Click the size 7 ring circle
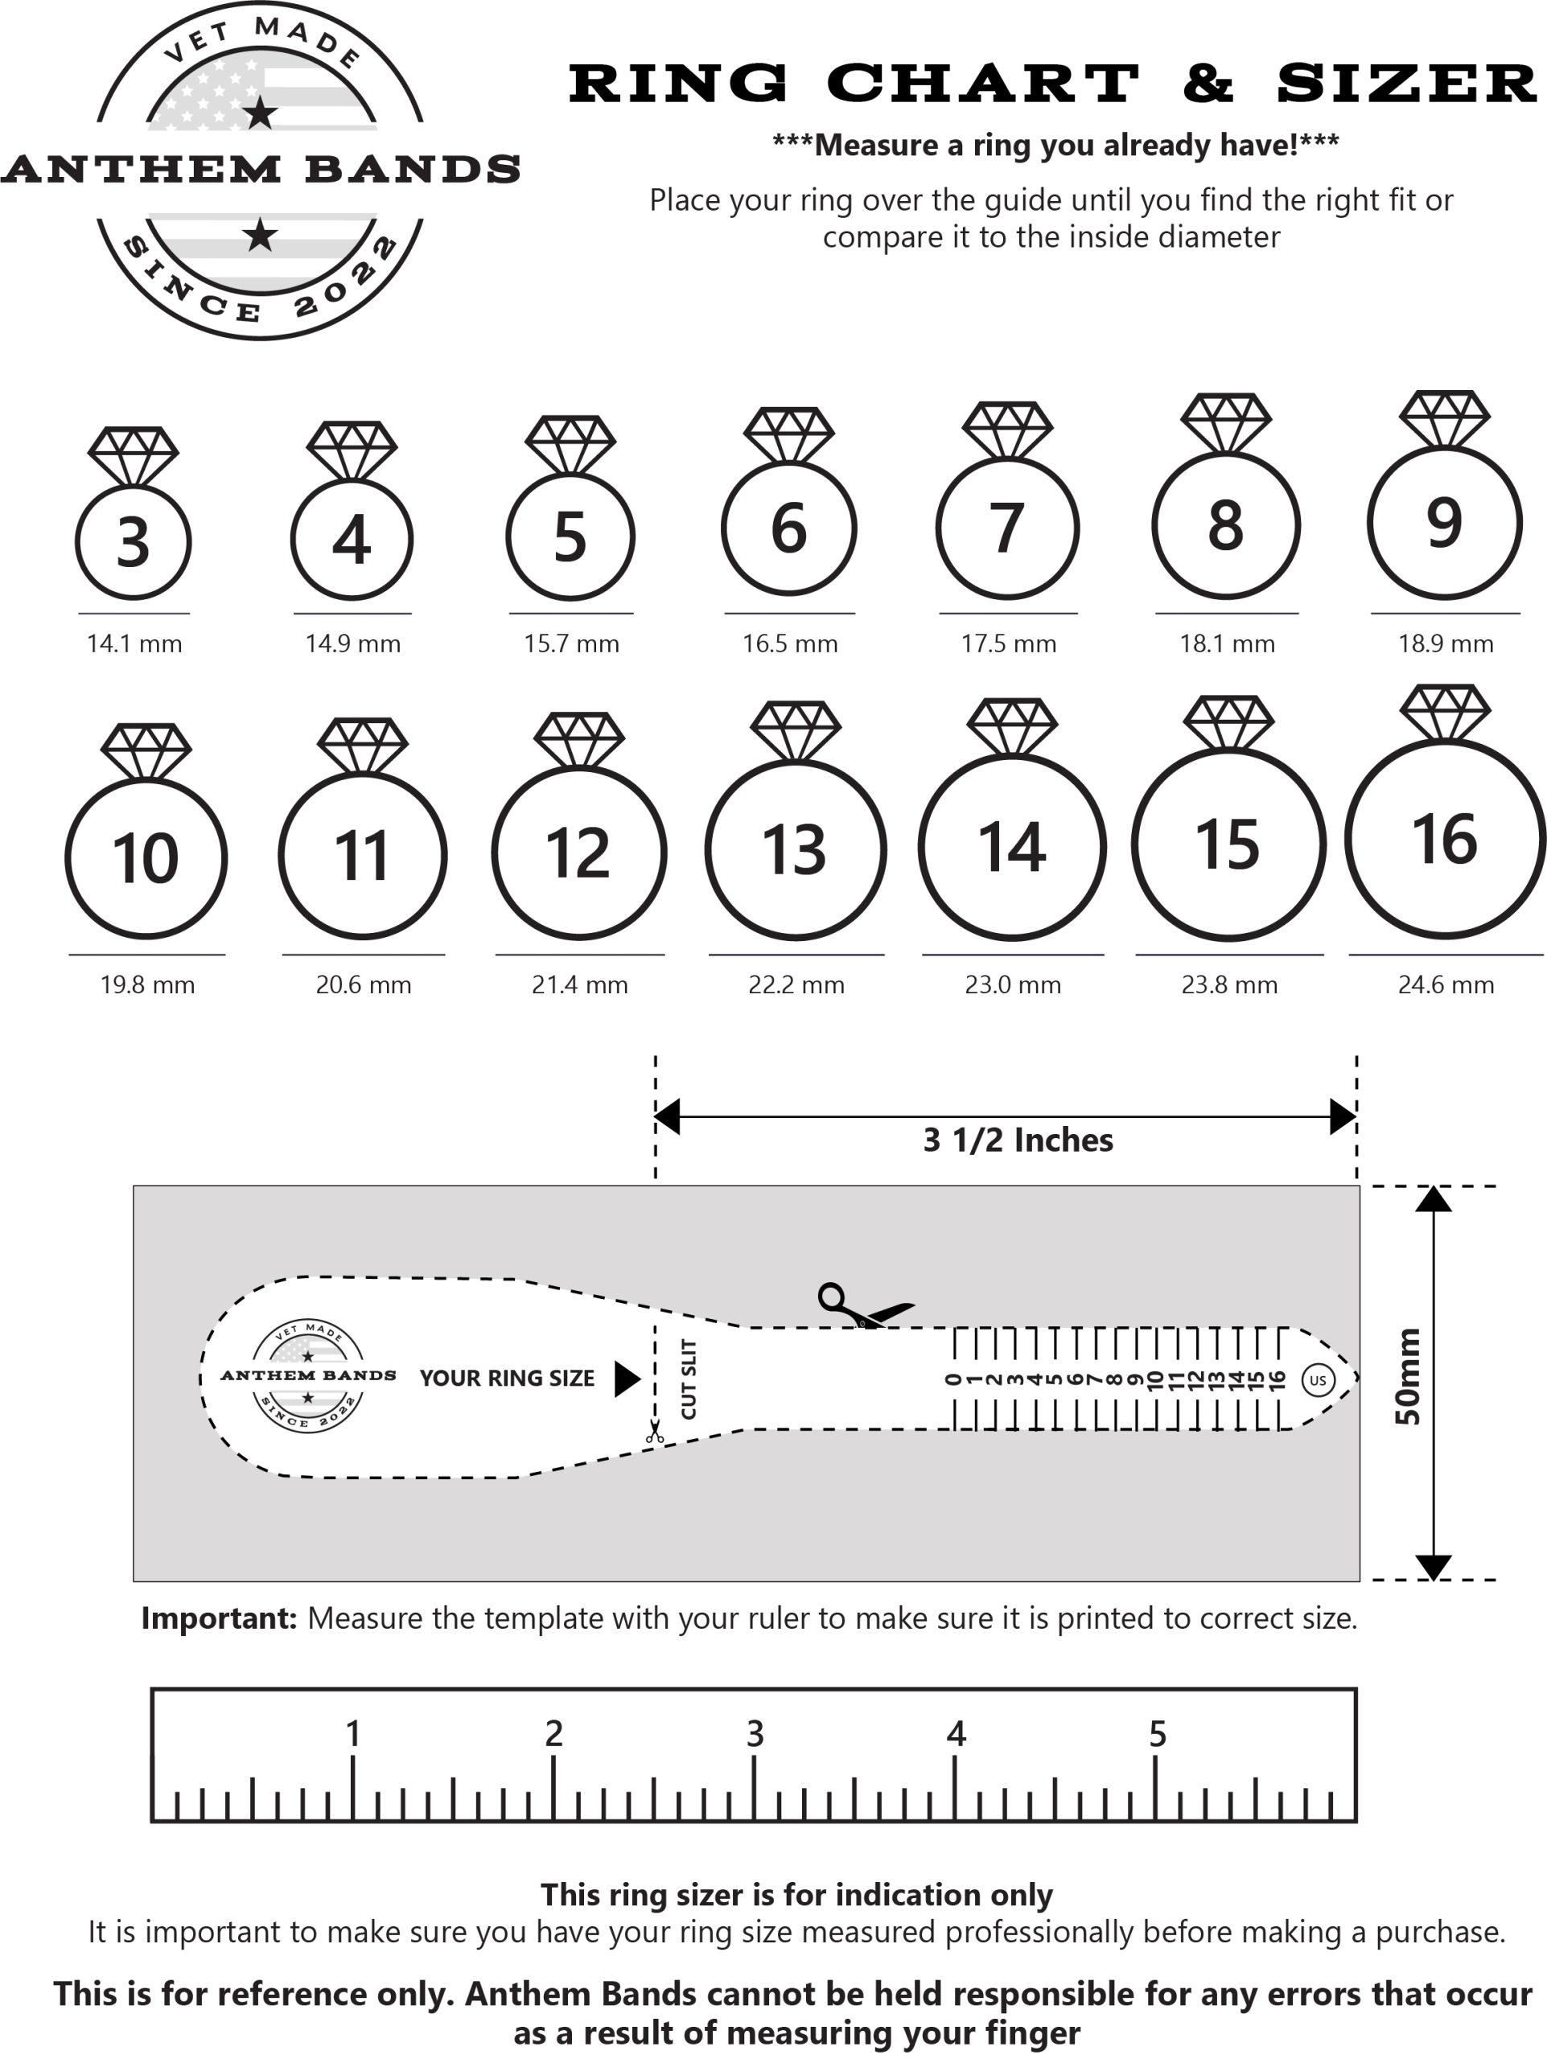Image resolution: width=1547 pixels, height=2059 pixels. pos(1007,528)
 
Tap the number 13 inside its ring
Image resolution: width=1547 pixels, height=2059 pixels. pos(794,850)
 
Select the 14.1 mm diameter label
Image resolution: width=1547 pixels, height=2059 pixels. pos(134,643)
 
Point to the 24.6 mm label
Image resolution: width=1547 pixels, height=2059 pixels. pos(1446,984)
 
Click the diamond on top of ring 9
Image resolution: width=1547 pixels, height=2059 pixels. pos(1445,420)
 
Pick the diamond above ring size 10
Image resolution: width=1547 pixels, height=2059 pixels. pos(146,750)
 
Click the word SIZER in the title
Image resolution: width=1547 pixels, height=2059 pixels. pos(1406,84)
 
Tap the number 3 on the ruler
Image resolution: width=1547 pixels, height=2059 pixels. pos(755,1733)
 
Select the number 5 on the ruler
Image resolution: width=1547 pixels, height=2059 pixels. pos(1157,1733)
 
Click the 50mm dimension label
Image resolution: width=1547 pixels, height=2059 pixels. pos(1409,1377)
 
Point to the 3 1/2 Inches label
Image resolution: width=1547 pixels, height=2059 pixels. pos(1018,1140)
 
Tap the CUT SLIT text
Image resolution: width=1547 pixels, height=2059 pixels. pos(689,1379)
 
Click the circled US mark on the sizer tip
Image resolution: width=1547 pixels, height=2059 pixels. pos(1317,1379)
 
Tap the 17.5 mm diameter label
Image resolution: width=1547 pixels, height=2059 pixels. pos(1008,643)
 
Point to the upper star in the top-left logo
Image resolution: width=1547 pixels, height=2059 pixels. pos(261,113)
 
